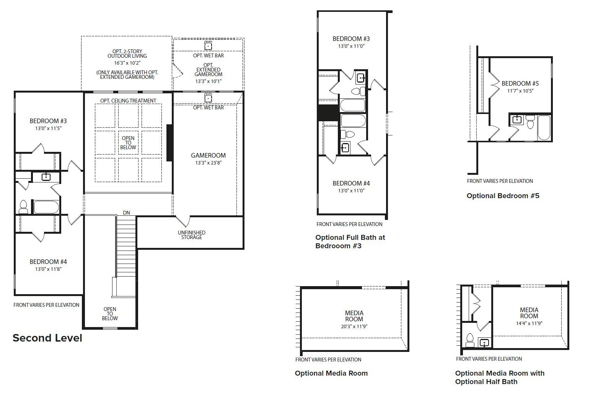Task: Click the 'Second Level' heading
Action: [47, 338]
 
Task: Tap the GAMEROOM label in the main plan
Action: [208, 155]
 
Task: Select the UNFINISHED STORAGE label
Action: [191, 235]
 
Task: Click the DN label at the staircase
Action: [126, 213]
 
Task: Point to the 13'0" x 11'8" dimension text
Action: [48, 269]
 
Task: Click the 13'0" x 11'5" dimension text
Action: [48, 128]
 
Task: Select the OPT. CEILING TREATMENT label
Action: [128, 101]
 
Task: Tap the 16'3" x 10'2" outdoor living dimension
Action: [127, 63]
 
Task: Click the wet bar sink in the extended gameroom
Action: [208, 46]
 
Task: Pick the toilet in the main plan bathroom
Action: [23, 207]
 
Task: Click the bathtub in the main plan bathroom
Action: [46, 207]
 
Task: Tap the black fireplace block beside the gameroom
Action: [169, 142]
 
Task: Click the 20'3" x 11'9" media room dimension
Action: [354, 326]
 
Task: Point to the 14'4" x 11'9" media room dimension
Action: [529, 323]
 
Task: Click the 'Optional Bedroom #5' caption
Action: [503, 196]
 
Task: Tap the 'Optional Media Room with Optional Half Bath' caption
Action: [499, 377]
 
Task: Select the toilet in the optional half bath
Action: [470, 340]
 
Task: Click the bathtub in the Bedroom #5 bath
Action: [544, 127]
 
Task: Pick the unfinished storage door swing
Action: [182, 221]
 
